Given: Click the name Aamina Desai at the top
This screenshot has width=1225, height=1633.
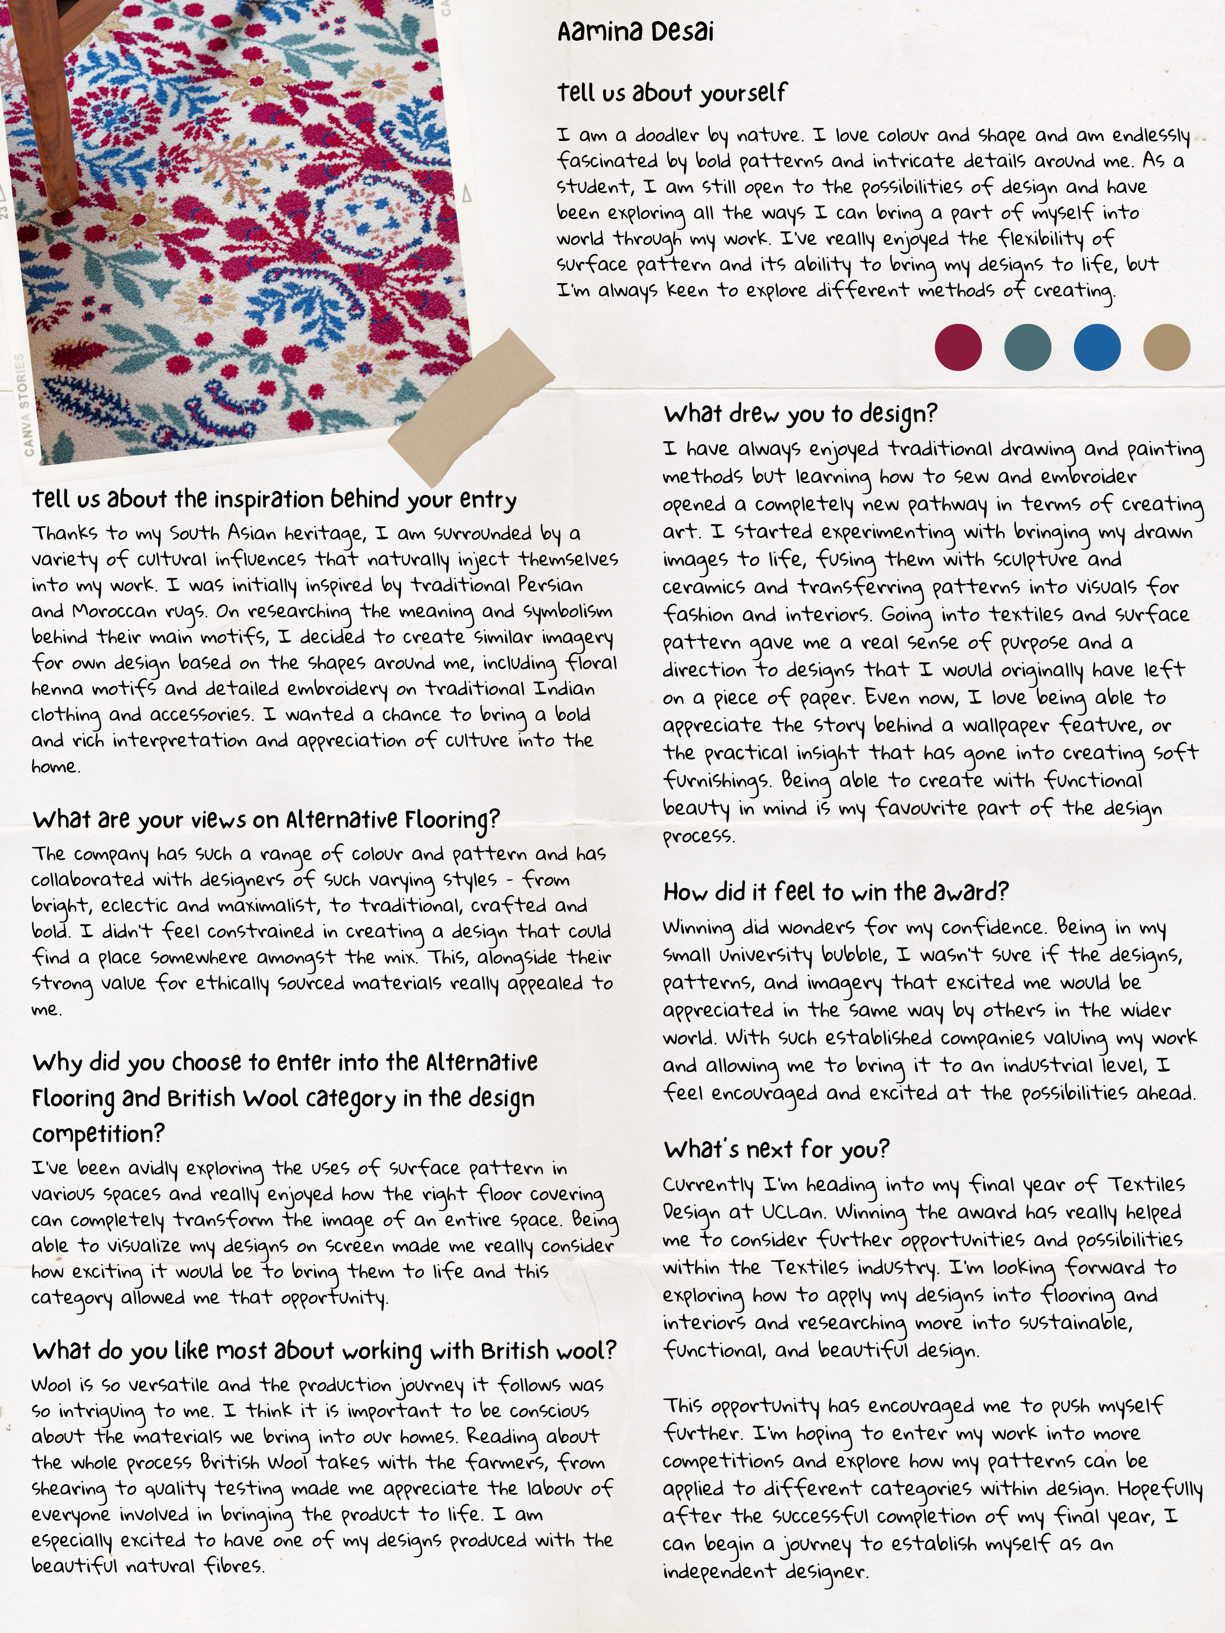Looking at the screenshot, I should coord(635,32).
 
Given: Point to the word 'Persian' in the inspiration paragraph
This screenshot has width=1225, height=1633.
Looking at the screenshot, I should coord(550,585).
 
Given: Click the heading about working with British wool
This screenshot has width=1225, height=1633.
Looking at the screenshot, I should coord(323,1351).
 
